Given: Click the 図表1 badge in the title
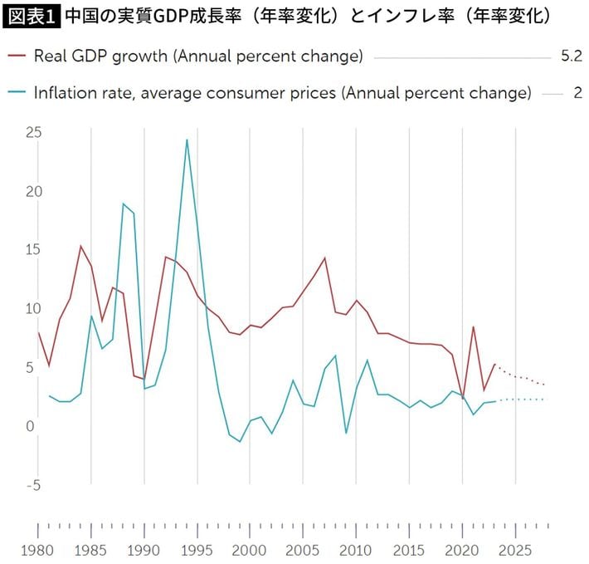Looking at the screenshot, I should (32, 17).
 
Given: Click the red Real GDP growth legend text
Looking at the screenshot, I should (198, 56).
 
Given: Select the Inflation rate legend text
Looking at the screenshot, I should (282, 92).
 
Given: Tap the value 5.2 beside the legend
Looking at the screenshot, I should (572, 56).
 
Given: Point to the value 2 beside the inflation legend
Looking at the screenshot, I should (577, 93).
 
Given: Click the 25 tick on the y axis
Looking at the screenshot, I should (32, 132).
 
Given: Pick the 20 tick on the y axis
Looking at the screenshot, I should (32, 191).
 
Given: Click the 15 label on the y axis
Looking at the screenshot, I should (32, 249).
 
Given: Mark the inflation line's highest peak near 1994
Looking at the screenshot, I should (187, 140).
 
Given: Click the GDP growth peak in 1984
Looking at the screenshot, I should (80, 246).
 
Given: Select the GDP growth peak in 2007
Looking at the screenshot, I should (324, 257).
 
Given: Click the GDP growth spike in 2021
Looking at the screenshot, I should (473, 326).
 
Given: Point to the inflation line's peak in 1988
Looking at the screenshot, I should (123, 204).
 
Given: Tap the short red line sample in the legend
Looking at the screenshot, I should (16, 56).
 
